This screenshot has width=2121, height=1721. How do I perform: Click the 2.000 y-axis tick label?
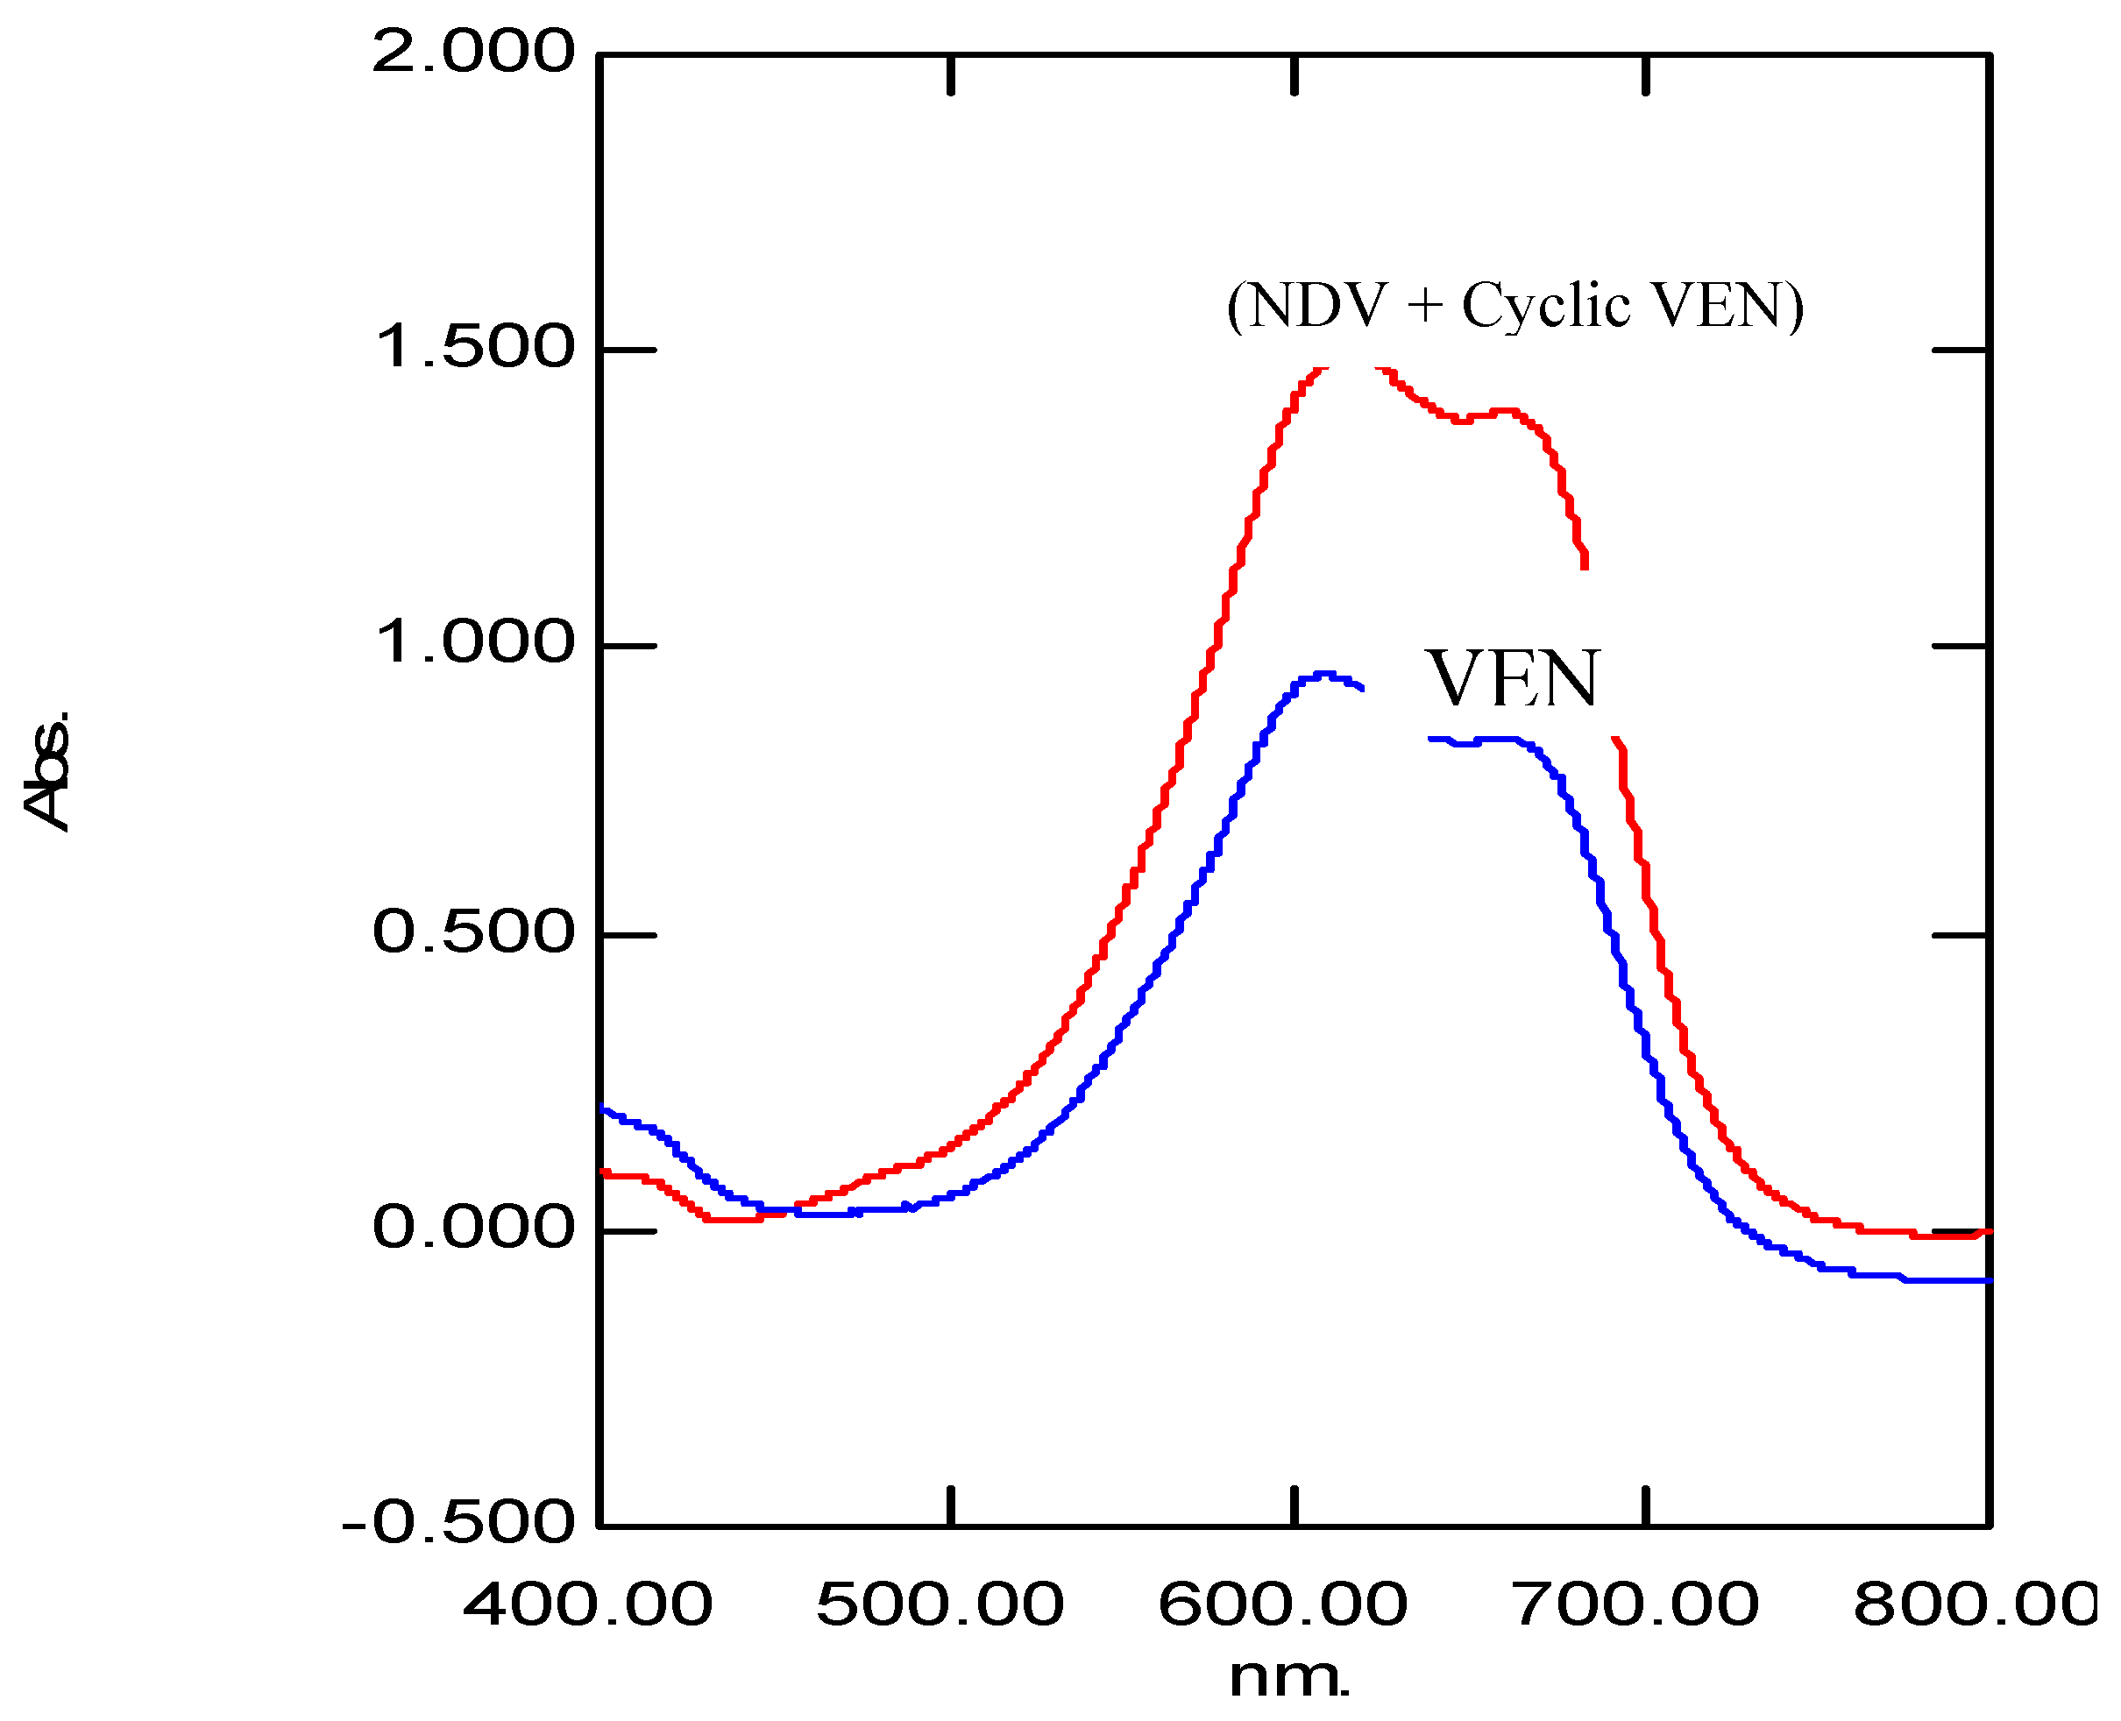(473, 52)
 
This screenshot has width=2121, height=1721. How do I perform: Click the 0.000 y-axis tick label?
(473, 1228)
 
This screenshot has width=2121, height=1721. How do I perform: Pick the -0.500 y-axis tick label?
(458, 1522)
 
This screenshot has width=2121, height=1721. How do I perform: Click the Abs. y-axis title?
(47, 768)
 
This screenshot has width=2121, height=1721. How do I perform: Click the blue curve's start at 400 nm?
(602, 1108)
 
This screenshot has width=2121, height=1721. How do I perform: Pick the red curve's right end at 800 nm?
(1988, 1231)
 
